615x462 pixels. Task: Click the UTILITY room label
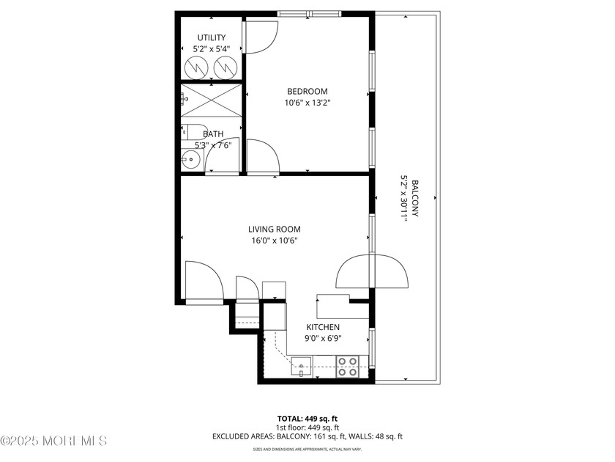pyautogui.click(x=212, y=37)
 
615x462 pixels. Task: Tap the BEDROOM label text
pyautogui.click(x=307, y=91)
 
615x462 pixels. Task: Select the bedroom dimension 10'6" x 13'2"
pyautogui.click(x=307, y=103)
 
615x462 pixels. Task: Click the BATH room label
pyautogui.click(x=213, y=134)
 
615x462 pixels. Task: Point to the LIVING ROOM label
pyautogui.click(x=274, y=229)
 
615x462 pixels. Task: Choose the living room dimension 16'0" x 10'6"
pyautogui.click(x=274, y=241)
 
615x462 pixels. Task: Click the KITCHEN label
pyautogui.click(x=322, y=327)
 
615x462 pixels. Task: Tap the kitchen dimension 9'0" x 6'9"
pyautogui.click(x=322, y=339)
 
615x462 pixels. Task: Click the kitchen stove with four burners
pyautogui.click(x=348, y=366)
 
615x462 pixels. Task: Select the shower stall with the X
pyautogui.click(x=211, y=100)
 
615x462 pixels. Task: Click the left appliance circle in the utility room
pyautogui.click(x=196, y=68)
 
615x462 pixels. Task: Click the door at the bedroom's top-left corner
pyautogui.click(x=260, y=37)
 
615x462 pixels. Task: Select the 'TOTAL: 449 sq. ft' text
pyautogui.click(x=307, y=419)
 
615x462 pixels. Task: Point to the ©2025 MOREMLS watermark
pyautogui.click(x=54, y=441)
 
